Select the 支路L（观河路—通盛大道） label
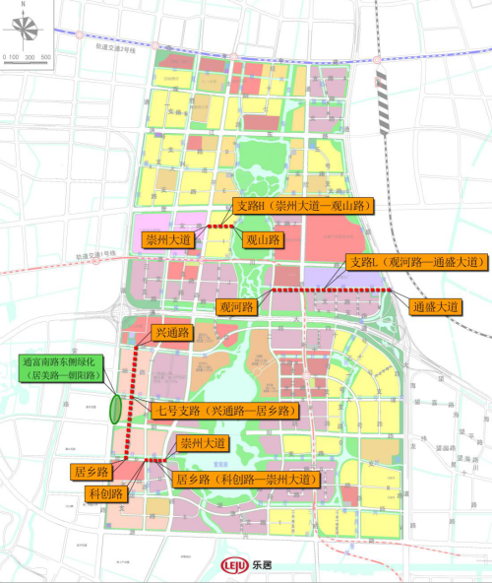tap(417, 262)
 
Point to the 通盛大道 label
tap(437, 307)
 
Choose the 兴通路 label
tap(172, 332)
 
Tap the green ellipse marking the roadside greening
tap(116, 408)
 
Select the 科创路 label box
tap(104, 493)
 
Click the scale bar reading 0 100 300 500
tap(27, 56)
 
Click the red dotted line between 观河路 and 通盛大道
tap(332, 291)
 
